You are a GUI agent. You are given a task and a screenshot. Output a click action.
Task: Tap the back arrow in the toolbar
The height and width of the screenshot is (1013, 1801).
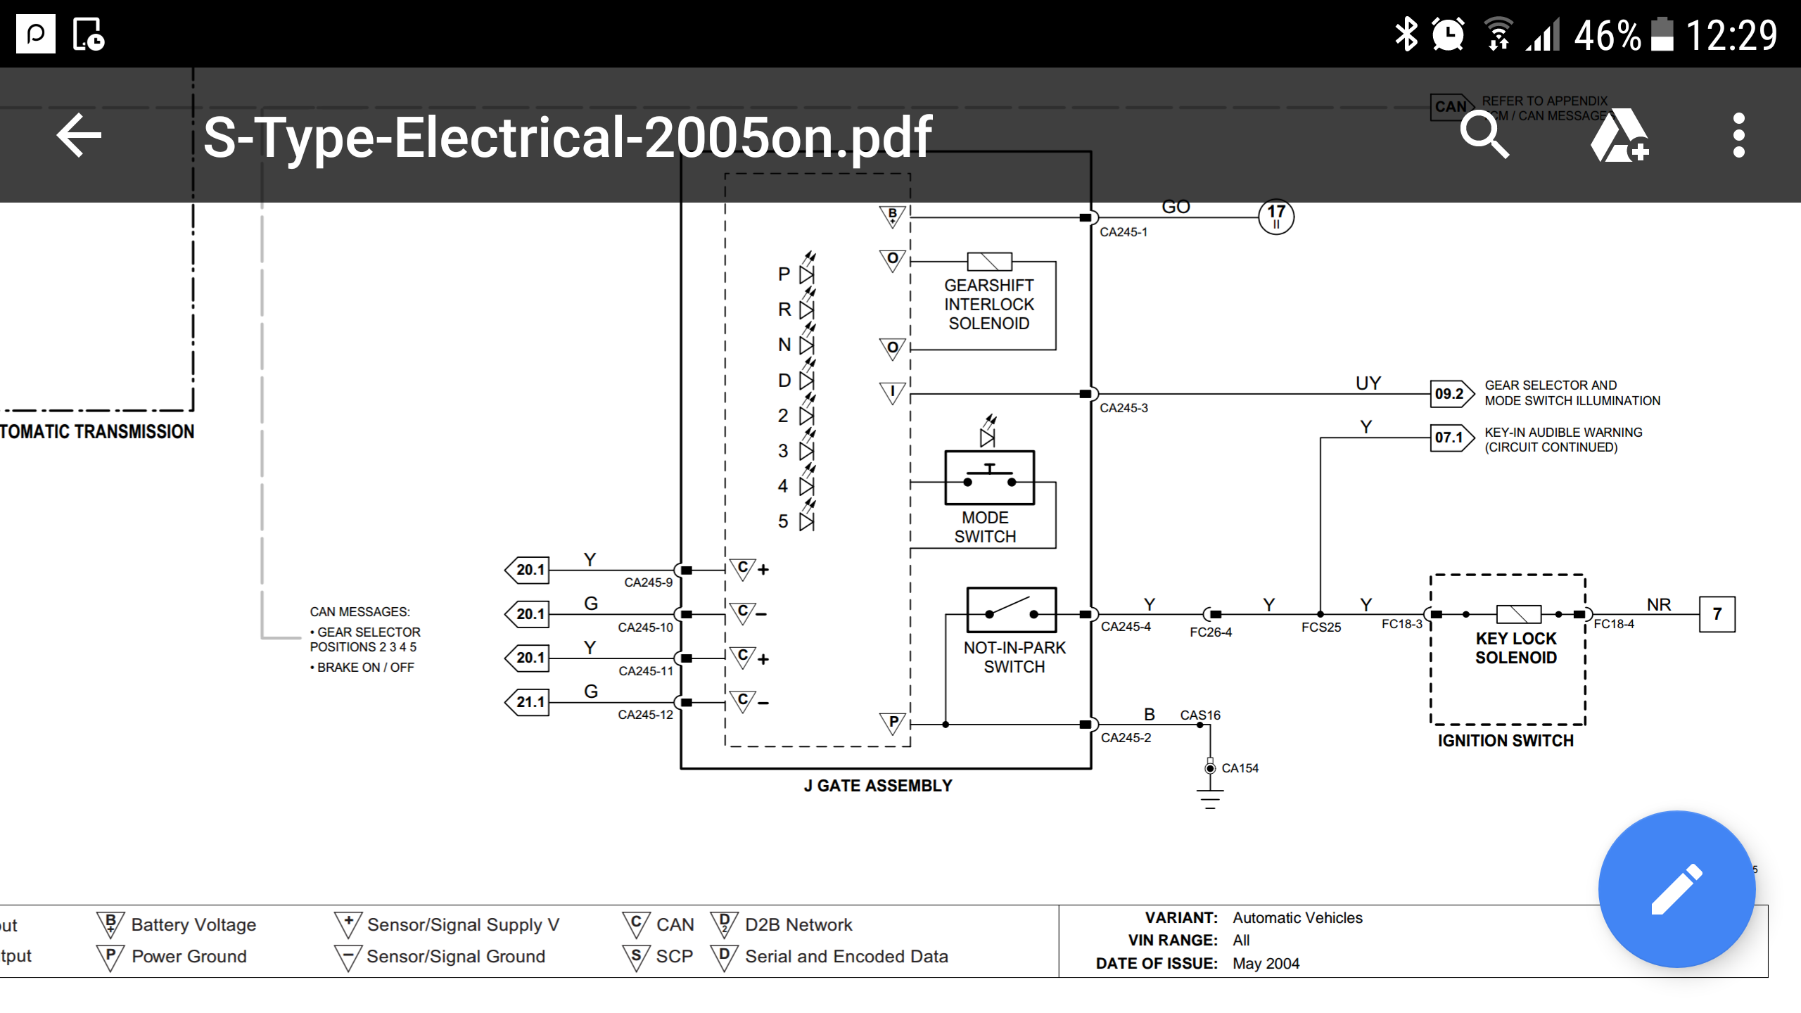pos(79,135)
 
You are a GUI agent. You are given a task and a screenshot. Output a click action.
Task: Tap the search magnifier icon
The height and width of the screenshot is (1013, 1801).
pos(1484,135)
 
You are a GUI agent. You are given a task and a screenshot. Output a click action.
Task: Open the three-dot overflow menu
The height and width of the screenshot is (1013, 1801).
pos(1738,135)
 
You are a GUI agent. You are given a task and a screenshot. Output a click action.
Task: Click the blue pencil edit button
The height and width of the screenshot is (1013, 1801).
pos(1676,889)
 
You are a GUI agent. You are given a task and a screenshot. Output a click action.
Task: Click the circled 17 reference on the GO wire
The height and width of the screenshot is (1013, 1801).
pos(1276,216)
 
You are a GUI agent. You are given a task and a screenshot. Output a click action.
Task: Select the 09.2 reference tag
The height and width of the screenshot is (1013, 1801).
pos(1451,394)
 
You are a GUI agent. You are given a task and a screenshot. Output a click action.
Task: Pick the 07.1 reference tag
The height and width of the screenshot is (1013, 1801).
pos(1451,438)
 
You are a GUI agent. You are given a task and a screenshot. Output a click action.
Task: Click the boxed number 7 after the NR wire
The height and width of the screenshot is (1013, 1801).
pos(1717,614)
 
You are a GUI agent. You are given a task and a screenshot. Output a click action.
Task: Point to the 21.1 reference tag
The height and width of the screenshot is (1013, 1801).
pos(529,702)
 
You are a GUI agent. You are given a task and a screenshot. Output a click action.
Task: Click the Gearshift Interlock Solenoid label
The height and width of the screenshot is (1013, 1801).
pos(988,305)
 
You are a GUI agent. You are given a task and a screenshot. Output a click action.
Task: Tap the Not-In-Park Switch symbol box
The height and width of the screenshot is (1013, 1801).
pos(1011,610)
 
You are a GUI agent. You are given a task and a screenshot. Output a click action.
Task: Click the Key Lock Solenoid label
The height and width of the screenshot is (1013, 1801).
pos(1516,648)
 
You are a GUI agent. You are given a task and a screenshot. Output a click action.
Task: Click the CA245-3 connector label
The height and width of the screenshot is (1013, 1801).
pos(1124,408)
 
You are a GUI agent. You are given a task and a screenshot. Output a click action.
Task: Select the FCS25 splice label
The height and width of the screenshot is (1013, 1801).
pos(1321,627)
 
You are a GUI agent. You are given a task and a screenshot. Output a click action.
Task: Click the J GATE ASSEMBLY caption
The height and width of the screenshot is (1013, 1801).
pos(878,786)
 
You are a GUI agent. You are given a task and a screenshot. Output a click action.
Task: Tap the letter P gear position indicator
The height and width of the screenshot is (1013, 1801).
pos(784,274)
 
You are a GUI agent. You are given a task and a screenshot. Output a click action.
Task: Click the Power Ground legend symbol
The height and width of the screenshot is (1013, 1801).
pos(110,957)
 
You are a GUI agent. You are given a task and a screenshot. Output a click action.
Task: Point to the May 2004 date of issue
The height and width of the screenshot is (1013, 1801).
pos(1266,964)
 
